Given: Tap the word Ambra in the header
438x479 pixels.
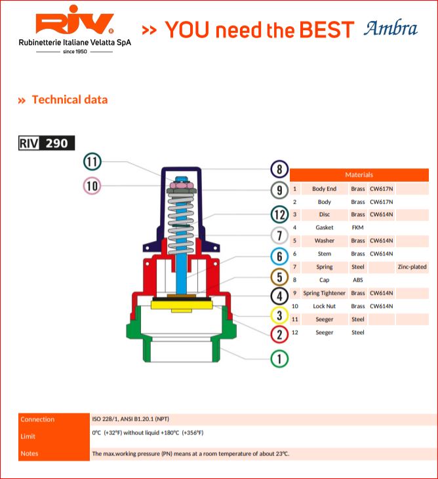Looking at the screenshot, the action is (390, 28).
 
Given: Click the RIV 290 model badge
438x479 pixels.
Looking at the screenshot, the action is (47, 143).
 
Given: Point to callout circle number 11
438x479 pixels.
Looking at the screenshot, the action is (92, 162).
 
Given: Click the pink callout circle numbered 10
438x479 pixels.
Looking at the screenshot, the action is (92, 185).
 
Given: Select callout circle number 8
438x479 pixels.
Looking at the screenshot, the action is (279, 169).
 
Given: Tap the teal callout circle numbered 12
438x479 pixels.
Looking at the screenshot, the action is (279, 214).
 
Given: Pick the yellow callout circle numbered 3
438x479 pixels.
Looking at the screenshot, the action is (279, 315).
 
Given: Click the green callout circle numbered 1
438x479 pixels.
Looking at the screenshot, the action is (279, 358).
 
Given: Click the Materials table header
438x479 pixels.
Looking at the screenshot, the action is (359, 175).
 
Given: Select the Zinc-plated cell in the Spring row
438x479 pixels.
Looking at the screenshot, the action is (412, 267).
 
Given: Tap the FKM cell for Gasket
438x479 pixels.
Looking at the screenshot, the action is (357, 227).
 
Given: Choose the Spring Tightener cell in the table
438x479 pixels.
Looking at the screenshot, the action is (325, 293).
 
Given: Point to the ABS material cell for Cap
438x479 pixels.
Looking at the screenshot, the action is (357, 280).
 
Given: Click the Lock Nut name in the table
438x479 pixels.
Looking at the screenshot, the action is (325, 306).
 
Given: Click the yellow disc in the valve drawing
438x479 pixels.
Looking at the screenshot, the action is (182, 306).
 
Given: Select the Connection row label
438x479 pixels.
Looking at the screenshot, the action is (37, 419).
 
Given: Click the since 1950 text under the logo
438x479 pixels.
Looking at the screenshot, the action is (75, 52).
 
